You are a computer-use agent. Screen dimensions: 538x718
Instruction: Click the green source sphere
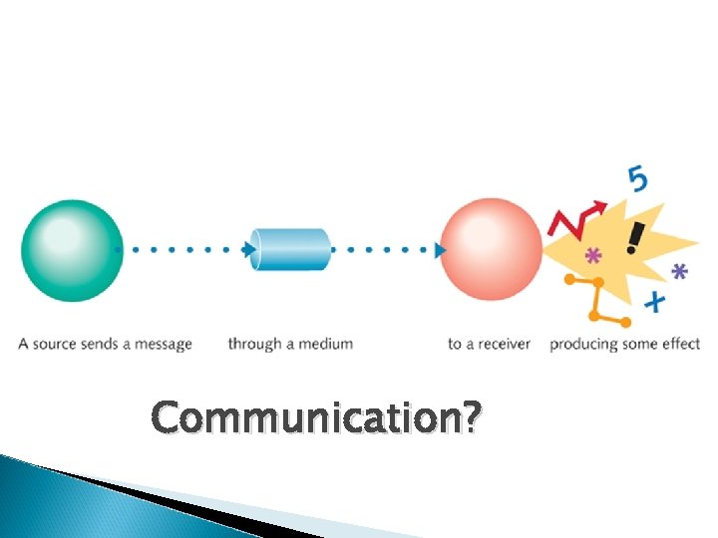71,250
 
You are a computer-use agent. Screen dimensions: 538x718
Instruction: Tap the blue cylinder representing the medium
290,249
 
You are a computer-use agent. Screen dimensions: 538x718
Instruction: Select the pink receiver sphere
492,249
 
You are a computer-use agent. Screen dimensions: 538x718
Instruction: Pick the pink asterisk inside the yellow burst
592,257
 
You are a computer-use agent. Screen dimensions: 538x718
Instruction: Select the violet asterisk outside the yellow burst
680,271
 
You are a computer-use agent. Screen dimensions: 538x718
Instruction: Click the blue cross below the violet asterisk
654,300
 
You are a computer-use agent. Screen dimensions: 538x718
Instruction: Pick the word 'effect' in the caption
680,345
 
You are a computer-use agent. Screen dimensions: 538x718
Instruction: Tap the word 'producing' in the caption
581,345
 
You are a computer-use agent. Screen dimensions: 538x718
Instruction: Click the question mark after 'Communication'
468,418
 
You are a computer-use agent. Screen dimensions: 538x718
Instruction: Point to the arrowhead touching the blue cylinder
250,249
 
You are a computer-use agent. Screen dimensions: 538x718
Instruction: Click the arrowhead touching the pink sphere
440,249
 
